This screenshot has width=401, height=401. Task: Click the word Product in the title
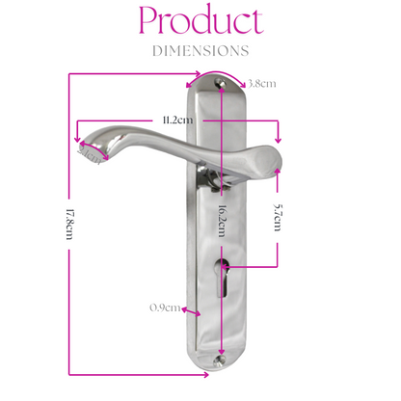pos(200,22)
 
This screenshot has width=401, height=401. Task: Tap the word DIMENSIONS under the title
pos(200,50)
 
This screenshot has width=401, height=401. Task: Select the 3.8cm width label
pos(262,84)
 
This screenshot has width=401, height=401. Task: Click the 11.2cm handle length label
pos(178,120)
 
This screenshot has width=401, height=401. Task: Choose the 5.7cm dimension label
pos(278,216)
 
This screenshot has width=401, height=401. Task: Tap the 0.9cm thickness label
pos(165,307)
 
